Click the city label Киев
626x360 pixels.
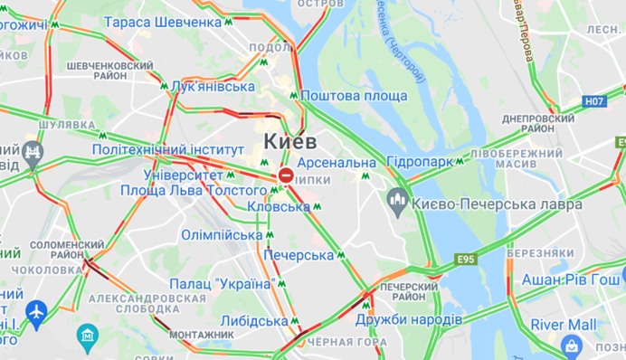[290, 144]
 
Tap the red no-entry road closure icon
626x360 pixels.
[286, 175]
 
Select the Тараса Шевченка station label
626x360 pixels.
[163, 22]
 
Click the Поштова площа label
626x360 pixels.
[354, 96]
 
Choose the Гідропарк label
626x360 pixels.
[419, 162]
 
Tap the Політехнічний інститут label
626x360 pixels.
[168, 148]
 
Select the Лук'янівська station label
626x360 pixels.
[213, 86]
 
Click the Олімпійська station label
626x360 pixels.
[210, 235]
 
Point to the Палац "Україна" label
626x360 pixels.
[222, 284]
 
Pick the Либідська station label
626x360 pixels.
[254, 321]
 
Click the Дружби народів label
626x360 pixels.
[408, 319]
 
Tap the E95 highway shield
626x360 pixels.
[466, 261]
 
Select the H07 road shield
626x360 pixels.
[593, 101]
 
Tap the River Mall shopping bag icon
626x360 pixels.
[571, 344]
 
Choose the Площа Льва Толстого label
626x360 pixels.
[194, 190]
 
